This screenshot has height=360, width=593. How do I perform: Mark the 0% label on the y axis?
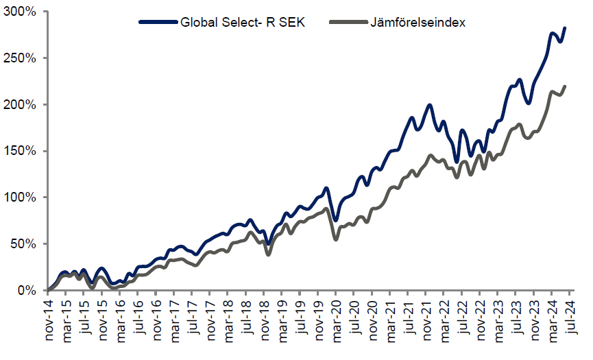pos(28,290)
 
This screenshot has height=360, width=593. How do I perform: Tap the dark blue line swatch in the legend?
pos(158,23)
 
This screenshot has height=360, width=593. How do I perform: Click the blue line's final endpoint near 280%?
pos(565,28)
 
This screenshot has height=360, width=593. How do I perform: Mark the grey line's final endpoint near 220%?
pos(565,86)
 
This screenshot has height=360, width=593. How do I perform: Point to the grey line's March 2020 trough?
pos(335,239)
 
